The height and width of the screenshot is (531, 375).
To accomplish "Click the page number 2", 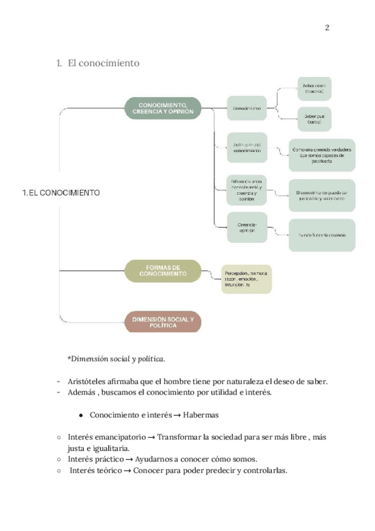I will (x=327, y=28).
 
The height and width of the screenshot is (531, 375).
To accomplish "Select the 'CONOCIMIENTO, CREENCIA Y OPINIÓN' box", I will (x=162, y=108).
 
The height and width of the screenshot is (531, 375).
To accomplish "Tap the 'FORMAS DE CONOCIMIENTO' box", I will (x=162, y=271).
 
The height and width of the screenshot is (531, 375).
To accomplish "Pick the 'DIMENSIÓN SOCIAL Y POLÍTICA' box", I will (x=162, y=322).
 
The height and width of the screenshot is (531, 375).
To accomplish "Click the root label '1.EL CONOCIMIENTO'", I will (x=61, y=193).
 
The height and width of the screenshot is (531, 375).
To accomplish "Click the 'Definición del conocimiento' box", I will (x=247, y=148).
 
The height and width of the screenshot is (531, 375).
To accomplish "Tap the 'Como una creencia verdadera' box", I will (x=321, y=155).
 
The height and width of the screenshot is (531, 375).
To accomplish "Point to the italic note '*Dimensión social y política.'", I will (x=116, y=359).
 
